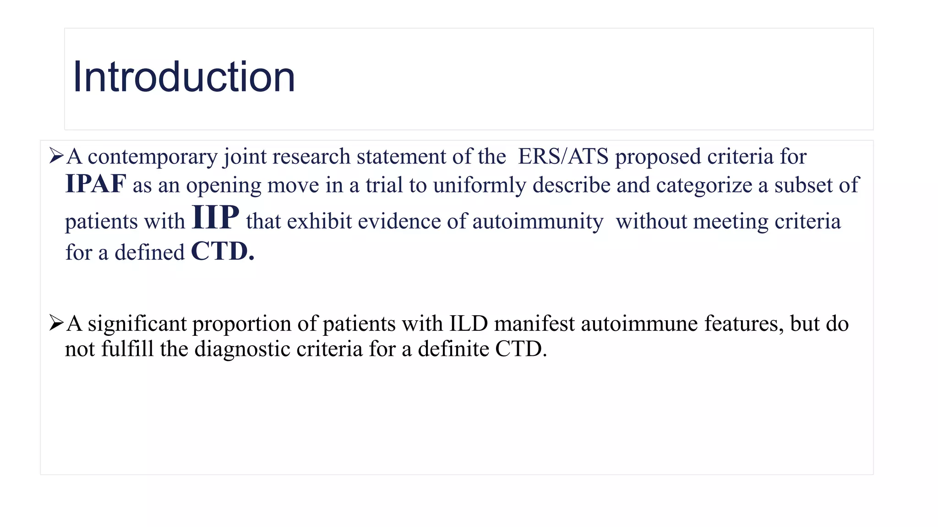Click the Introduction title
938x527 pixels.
(184, 77)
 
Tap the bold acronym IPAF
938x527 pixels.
(96, 184)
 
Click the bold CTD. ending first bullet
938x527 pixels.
(222, 252)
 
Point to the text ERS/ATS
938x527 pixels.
(563, 156)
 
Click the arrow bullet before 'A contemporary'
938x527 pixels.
(56, 156)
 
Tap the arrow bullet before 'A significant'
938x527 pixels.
(56, 323)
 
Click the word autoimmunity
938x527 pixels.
(538, 222)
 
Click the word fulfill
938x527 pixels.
(127, 349)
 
